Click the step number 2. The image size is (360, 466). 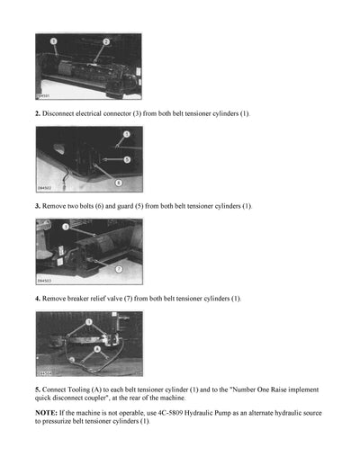[x=37, y=113]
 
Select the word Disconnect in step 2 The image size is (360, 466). [x=59, y=113]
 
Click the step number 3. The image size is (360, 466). [x=37, y=206]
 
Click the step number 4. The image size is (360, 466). [x=37, y=298]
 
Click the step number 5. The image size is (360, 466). [x=37, y=390]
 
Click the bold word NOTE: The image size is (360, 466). [x=47, y=412]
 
